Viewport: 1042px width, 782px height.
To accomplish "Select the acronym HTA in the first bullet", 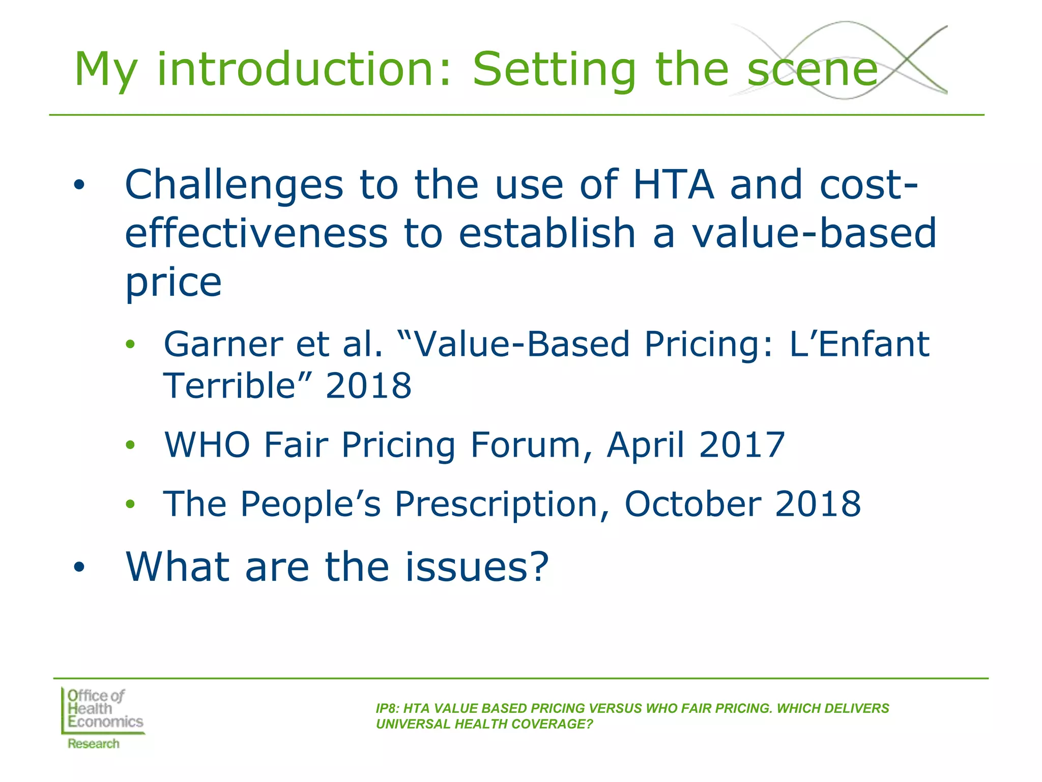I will click(673, 184).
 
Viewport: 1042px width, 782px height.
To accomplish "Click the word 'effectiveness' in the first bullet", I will click(256, 233).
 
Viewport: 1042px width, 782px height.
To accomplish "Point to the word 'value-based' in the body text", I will click(814, 233).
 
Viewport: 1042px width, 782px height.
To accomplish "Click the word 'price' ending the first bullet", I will click(173, 283).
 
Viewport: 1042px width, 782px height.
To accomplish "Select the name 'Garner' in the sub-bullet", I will click(223, 344).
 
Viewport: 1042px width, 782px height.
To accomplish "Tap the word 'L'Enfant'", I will click(859, 344).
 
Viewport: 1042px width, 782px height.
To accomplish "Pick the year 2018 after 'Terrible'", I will click(368, 385).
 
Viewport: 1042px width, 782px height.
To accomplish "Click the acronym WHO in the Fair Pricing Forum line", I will click(207, 445).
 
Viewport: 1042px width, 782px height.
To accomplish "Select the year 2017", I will click(742, 445).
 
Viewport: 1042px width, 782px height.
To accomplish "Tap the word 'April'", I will click(645, 445).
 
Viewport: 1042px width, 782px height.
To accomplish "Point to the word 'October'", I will click(693, 504).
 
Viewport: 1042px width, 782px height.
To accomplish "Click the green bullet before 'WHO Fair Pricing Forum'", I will click(131, 445).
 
